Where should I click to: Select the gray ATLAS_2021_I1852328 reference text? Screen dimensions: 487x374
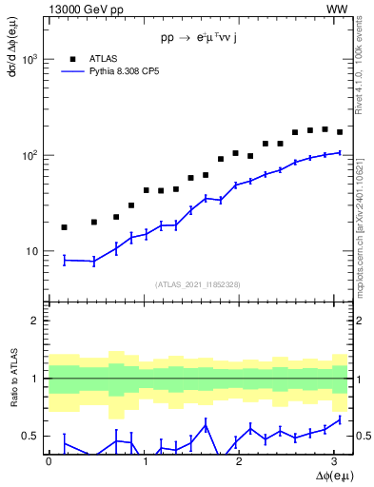(x=197, y=284)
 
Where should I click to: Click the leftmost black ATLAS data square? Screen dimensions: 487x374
(x=64, y=227)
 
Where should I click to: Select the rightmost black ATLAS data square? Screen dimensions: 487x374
(x=340, y=132)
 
